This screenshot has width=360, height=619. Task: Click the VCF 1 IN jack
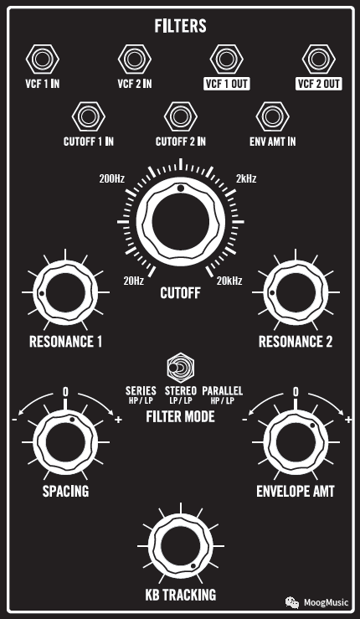pos(42,59)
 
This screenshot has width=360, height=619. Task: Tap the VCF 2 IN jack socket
pos(134,59)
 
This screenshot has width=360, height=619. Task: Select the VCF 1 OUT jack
pos(226,59)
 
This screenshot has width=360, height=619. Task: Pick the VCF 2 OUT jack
pos(318,59)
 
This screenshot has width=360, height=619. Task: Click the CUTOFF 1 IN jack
pos(89,117)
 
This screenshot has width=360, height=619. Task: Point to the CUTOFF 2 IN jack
pos(180,117)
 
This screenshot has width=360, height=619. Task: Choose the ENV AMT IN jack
pos(272,117)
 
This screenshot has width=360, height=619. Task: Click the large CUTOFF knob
pos(180,221)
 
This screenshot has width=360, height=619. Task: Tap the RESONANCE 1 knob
pos(65,292)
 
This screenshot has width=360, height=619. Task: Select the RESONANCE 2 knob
pos(296,292)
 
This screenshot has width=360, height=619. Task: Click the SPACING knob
pos(65,442)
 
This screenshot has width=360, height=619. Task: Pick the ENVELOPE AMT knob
pos(296,442)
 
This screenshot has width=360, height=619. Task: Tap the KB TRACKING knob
pos(180,546)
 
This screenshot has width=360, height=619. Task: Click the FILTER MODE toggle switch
pos(180,368)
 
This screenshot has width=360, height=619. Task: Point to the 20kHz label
pos(229,281)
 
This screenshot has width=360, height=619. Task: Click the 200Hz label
pos(112,178)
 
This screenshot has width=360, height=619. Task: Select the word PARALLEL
pos(222,391)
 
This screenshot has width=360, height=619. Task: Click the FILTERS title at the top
pos(180,27)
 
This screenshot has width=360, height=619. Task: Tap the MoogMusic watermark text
pos(326,603)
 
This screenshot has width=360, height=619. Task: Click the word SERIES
pos(141,391)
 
